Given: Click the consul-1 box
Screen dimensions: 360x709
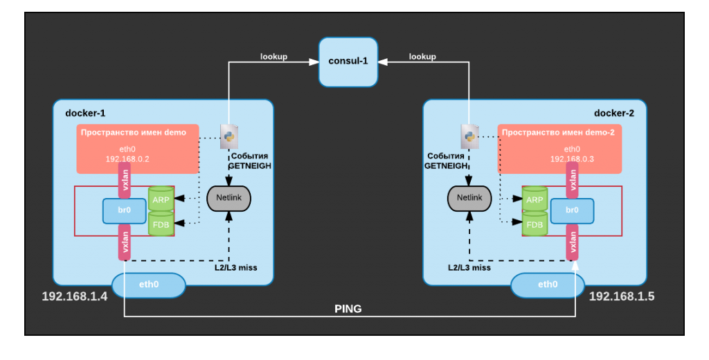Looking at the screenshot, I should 348,62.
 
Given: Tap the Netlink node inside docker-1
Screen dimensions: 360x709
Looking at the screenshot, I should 228,199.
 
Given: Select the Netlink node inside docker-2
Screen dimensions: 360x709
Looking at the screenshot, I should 469,199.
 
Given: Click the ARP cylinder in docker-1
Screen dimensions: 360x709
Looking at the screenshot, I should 161,199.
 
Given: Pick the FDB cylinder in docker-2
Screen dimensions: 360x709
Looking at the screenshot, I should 535,224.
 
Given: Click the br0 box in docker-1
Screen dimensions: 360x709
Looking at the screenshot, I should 124,211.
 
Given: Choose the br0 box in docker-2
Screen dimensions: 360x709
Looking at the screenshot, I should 572,211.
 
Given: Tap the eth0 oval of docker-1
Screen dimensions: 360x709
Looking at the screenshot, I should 149,285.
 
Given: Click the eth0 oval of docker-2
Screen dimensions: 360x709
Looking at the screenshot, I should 547,285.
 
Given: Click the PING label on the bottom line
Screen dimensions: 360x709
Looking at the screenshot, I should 348,309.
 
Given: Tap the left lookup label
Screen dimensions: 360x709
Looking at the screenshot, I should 273,57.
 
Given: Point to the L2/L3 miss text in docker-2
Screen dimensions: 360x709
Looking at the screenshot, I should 469,267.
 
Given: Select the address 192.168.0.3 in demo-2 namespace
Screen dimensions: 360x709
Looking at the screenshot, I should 572,159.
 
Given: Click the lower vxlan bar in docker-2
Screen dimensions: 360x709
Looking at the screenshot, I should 573,241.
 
